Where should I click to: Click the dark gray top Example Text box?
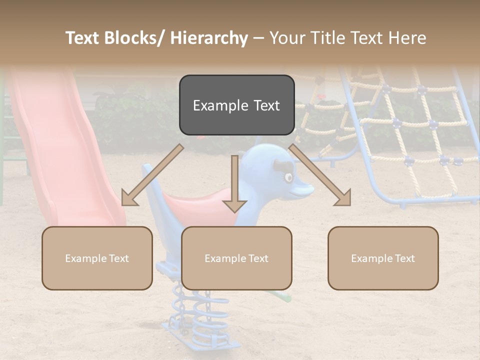pyautogui.click(x=236, y=105)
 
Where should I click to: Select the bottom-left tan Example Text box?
pyautogui.click(x=97, y=258)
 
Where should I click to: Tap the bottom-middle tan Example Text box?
pyautogui.click(x=236, y=258)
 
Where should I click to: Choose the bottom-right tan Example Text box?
pyautogui.click(x=383, y=258)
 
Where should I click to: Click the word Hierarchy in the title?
pyautogui.click(x=209, y=38)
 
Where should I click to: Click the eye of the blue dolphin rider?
pyautogui.click(x=288, y=177)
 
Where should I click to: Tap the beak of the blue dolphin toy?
pyautogui.click(x=302, y=189)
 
